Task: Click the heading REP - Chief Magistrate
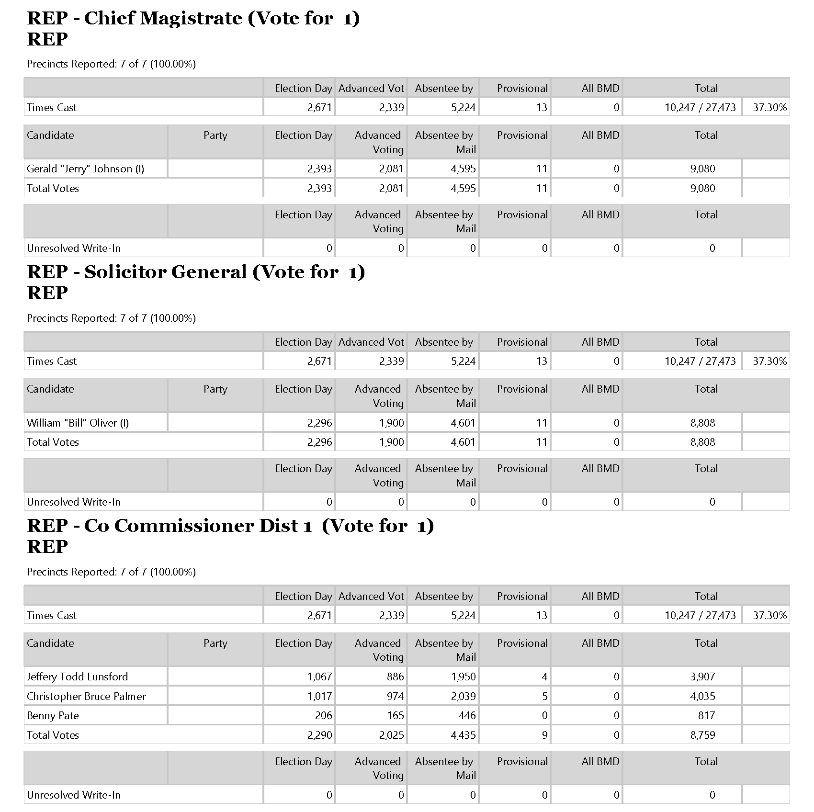pos(193,19)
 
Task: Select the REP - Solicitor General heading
pos(196,272)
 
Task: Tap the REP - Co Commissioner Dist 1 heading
pos(230,526)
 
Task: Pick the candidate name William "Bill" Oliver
pos(78,423)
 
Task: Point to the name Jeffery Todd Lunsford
pos(77,677)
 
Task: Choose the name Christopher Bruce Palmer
pos(86,697)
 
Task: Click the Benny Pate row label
pos(53,716)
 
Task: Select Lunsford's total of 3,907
pos(702,677)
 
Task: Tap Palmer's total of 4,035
pos(702,697)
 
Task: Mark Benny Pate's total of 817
pos(706,716)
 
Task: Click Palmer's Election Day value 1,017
pos(319,697)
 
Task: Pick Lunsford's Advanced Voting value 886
pos(396,677)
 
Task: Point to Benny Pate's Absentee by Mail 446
pos(467,716)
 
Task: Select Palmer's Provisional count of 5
pos(544,697)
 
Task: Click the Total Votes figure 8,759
pos(702,735)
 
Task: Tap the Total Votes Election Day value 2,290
pos(319,735)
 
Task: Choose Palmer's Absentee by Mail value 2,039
pos(463,697)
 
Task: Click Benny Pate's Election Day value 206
pos(323,716)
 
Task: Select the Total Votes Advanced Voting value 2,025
pos(391,735)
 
